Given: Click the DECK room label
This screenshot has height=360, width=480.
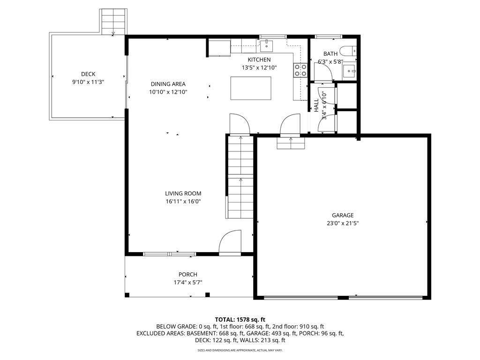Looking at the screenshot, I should point(88,74).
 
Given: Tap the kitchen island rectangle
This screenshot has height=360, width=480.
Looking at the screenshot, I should point(251,88).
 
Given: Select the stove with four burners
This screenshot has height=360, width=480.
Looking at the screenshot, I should point(300,70).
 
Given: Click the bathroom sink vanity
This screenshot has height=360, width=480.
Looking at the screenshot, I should point(349,71).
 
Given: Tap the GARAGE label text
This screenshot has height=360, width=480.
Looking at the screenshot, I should point(343,215).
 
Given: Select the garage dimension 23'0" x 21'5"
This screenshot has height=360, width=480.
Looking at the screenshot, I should point(343,223).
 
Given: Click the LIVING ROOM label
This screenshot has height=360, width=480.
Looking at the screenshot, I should point(183,193).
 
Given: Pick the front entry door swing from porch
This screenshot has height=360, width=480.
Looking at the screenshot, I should point(230,243).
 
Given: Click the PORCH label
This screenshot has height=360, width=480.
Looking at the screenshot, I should point(187,274).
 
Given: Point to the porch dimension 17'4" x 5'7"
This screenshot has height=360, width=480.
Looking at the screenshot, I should point(187,282).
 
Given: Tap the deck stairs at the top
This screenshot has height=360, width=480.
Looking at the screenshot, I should point(114,22).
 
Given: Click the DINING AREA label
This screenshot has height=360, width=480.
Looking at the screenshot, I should point(168,84).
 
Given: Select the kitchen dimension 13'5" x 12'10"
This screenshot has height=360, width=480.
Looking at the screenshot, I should point(259,67).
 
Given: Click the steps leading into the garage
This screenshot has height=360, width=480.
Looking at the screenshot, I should point(291,143).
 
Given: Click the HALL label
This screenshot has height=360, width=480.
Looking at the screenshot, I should point(316,105).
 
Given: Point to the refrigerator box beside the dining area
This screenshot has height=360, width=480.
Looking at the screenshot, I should point(219,47).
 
